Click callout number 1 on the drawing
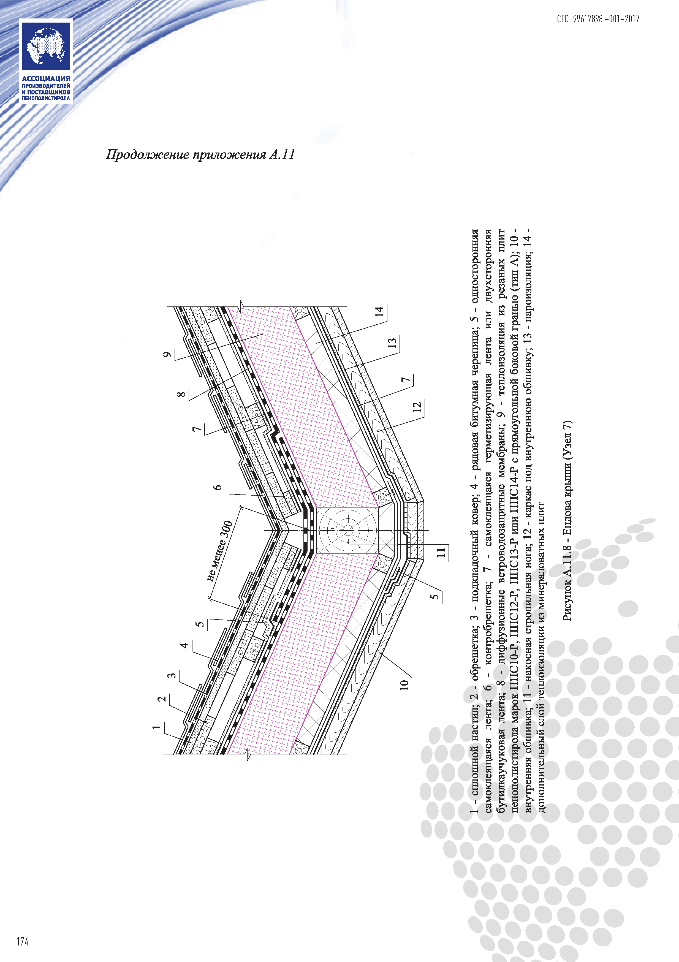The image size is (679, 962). click(x=157, y=726)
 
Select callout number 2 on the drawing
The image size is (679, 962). click(x=162, y=699)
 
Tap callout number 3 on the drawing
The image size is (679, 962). click(x=171, y=675)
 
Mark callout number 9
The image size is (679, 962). click(x=167, y=354)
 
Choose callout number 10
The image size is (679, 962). click(x=404, y=685)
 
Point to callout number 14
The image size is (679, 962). click(x=380, y=311)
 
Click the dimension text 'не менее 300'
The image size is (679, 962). click(x=220, y=551)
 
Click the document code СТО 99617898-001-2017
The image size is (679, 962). click(x=598, y=19)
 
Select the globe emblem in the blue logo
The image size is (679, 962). click(x=46, y=46)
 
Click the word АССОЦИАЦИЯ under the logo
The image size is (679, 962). click(x=46, y=78)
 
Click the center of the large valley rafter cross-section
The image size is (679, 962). click(x=347, y=531)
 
